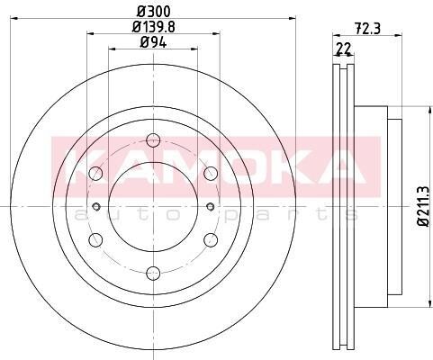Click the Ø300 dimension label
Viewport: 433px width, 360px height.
point(154,12)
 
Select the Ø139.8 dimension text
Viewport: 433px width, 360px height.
point(154,27)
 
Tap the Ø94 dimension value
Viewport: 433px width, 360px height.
point(153,43)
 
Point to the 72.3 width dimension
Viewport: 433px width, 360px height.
point(367,29)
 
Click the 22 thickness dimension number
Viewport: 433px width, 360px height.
point(344,49)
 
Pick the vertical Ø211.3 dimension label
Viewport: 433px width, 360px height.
point(425,206)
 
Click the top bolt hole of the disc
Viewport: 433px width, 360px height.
point(153,140)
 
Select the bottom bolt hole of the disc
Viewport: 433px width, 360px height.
point(153,273)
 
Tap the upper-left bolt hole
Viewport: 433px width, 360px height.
point(96,173)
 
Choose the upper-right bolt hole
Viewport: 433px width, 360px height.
point(211,173)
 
